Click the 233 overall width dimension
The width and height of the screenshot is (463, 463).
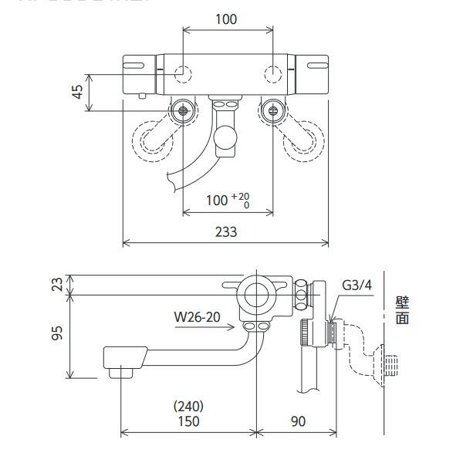point(225,231)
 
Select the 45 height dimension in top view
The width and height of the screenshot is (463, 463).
point(77,91)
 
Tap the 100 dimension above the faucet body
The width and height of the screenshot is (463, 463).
point(225,19)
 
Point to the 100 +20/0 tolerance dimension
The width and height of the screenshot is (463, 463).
point(228,201)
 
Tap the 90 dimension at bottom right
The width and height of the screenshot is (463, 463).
point(299,421)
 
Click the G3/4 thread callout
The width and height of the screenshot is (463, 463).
point(357,285)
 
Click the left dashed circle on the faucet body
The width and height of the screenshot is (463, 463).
point(182,74)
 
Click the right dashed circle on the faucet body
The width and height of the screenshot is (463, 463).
point(272,74)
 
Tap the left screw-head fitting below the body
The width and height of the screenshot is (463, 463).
point(183,110)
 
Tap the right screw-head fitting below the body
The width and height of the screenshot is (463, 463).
point(272,110)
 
